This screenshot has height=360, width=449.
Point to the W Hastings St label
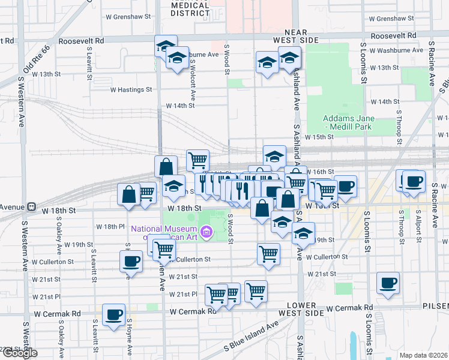click(x=131, y=90)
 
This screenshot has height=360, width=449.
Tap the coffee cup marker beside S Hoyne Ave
click(x=131, y=261)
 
